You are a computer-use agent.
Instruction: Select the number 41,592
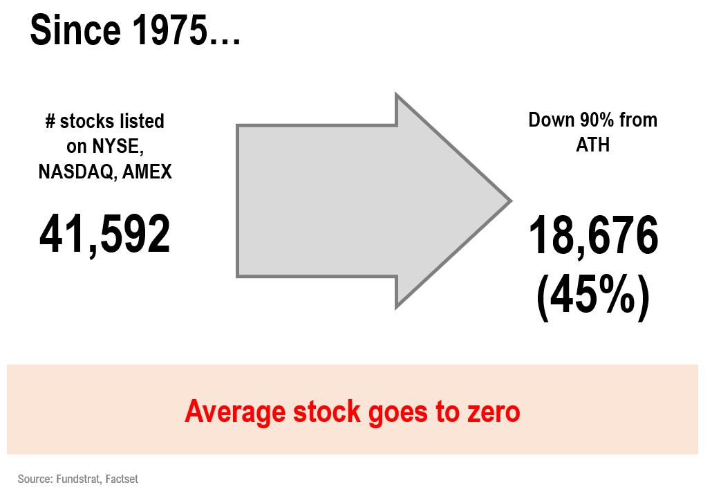coord(105,235)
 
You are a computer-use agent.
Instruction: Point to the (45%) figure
coord(593,296)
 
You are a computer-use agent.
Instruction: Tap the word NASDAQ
coord(77,172)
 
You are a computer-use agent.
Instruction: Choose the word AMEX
coord(147,172)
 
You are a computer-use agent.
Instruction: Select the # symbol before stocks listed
coord(50,122)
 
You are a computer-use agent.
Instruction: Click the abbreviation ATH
coord(593,145)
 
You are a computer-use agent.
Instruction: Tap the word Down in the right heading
coord(552,120)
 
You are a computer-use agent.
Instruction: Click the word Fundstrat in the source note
coord(79,479)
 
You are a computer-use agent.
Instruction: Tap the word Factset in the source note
coord(122,479)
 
